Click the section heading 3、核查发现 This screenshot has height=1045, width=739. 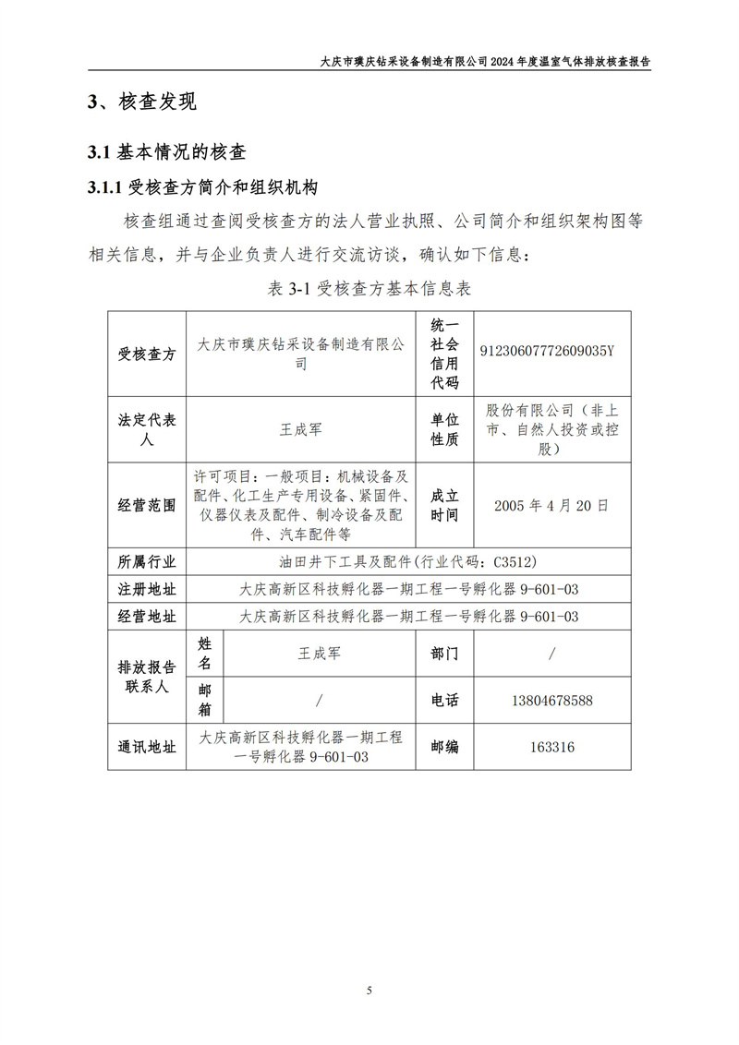click(x=141, y=102)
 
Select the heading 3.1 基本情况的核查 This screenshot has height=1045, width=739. click(x=165, y=151)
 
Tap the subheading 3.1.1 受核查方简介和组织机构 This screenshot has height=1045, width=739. click(x=202, y=188)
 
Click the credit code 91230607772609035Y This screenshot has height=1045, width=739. click(x=547, y=352)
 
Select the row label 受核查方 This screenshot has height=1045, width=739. click(x=147, y=352)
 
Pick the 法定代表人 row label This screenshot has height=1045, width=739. click(x=147, y=429)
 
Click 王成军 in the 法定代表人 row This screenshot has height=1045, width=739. click(x=301, y=429)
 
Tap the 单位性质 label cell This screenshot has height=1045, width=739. click(x=444, y=429)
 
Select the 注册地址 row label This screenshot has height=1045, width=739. click(x=147, y=589)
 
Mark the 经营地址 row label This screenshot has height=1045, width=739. click(x=147, y=617)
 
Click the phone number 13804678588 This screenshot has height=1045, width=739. click(x=551, y=701)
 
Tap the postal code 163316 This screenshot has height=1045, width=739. click(x=551, y=747)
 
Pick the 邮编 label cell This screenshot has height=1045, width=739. click(x=444, y=747)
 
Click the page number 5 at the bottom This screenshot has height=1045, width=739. click(x=369, y=991)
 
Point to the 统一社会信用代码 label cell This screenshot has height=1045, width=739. click(x=444, y=352)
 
